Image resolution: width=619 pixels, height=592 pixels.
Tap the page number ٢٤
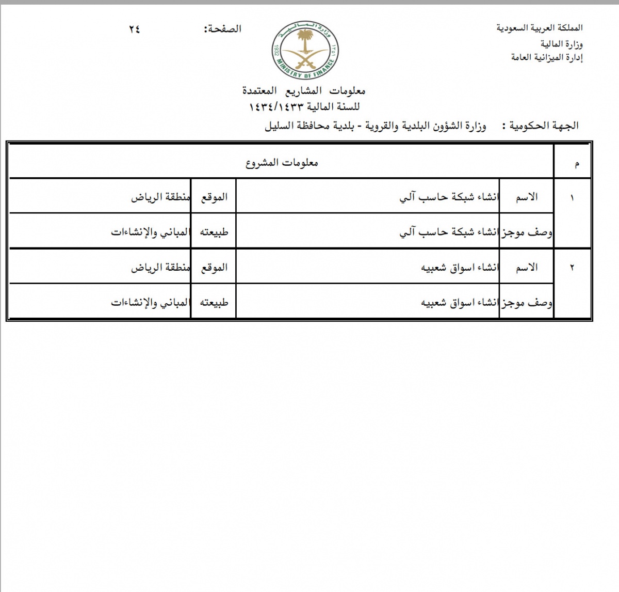(x=134, y=29)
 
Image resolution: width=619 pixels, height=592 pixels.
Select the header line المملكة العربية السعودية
(x=540, y=28)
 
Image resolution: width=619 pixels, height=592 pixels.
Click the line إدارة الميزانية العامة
(x=547, y=57)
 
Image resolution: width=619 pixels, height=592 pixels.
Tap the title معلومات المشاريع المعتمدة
(x=304, y=91)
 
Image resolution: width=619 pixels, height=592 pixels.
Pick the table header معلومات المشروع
(x=282, y=163)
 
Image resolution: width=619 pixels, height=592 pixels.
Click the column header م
(x=576, y=164)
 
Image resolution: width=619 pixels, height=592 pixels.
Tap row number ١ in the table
(x=572, y=197)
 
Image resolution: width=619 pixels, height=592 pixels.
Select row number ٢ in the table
(x=572, y=268)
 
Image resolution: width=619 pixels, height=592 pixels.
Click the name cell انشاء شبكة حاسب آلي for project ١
(x=449, y=197)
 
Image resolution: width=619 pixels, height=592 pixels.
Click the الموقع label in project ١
(x=214, y=197)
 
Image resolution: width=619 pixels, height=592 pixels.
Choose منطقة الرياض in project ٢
(x=160, y=268)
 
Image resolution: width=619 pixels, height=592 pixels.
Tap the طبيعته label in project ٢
(x=214, y=303)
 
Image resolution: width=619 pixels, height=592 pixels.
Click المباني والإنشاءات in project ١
(x=150, y=232)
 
